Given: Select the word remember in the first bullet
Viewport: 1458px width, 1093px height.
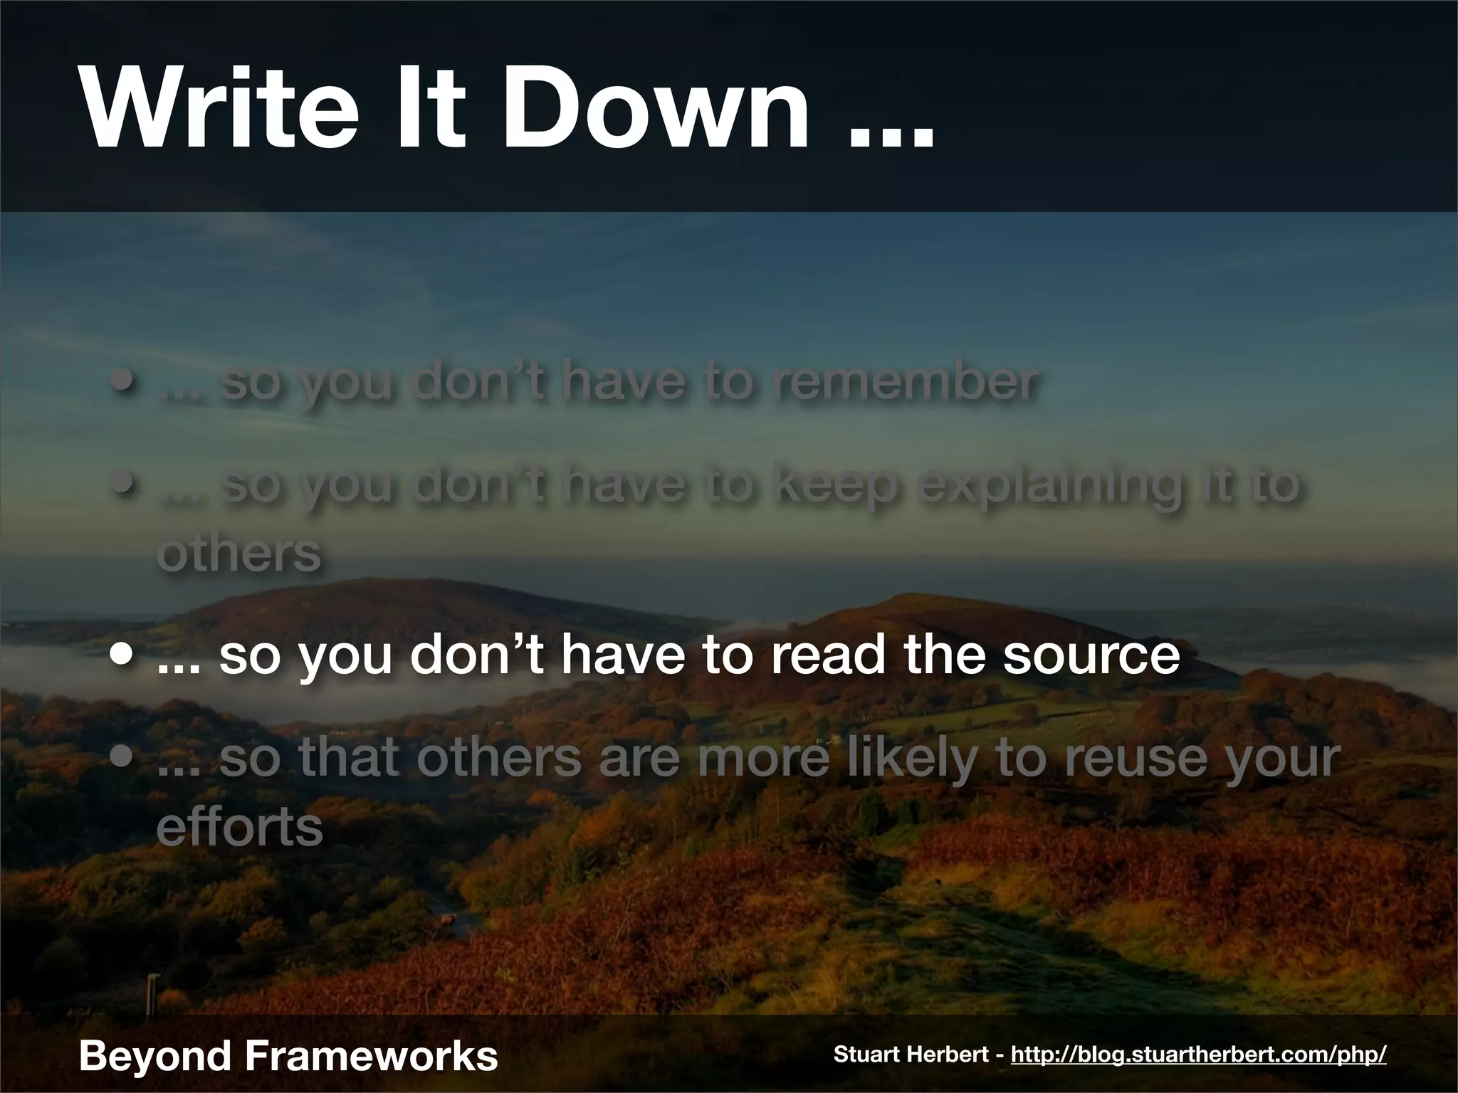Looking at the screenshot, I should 906,382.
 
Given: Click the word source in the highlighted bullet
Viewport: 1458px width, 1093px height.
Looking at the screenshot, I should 1091,656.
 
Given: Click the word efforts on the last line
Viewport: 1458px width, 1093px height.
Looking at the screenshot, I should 239,827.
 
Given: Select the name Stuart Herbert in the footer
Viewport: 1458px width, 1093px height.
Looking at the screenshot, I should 913,1054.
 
